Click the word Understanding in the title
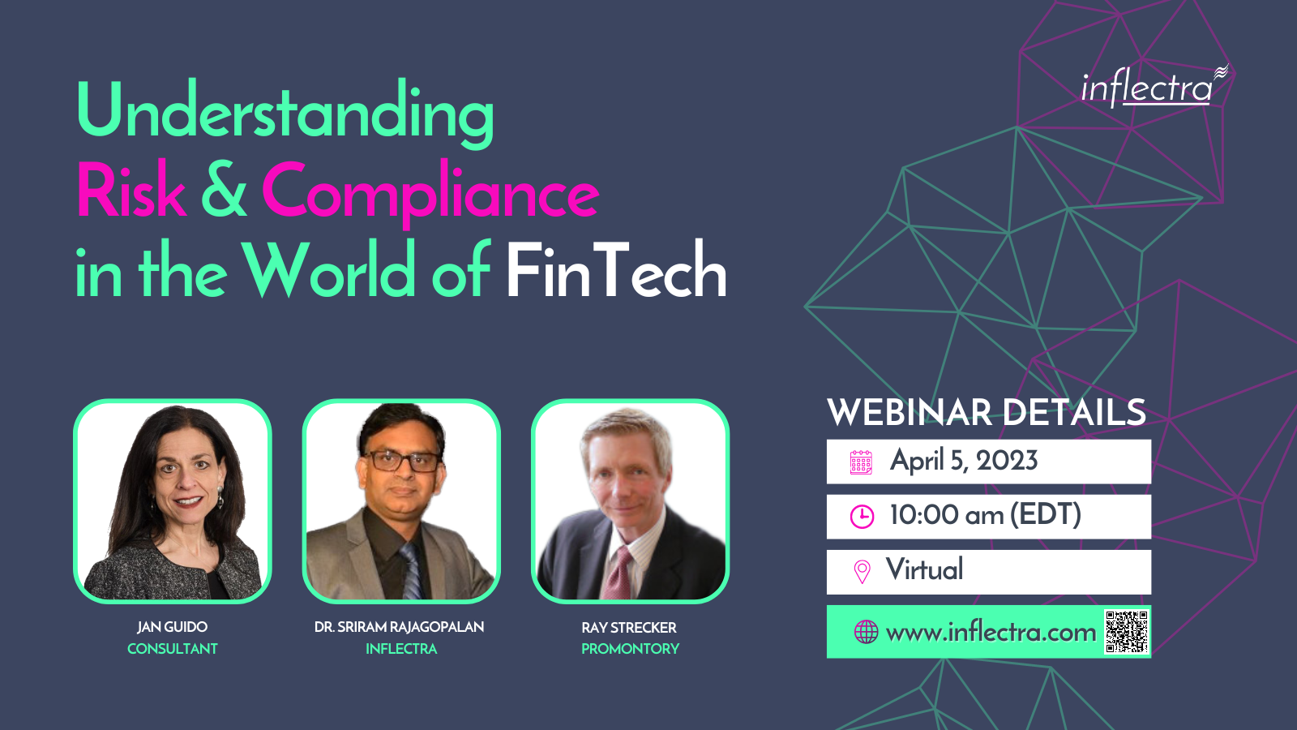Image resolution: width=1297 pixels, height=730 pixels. pyautogui.click(x=285, y=114)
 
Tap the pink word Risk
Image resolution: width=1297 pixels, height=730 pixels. pyautogui.click(x=131, y=189)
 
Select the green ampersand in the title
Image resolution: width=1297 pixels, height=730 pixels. pyautogui.click(x=224, y=189)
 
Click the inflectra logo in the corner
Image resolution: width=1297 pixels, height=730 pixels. pyautogui.click(x=1154, y=86)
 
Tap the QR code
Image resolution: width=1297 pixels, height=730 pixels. pyautogui.click(x=1126, y=632)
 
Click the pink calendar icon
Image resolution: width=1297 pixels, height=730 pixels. pyautogui.click(x=861, y=462)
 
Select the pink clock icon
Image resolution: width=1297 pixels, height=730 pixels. pyautogui.click(x=862, y=516)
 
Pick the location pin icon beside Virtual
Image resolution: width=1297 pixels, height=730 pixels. pyautogui.click(x=863, y=571)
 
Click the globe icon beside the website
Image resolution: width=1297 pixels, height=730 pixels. pyautogui.click(x=867, y=632)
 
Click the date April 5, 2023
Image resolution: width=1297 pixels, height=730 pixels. pyautogui.click(x=964, y=461)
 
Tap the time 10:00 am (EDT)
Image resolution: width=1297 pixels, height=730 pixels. pyautogui.click(x=986, y=514)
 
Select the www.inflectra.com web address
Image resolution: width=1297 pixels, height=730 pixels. pyautogui.click(x=991, y=633)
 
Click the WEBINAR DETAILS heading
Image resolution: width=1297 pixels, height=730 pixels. pyautogui.click(x=987, y=412)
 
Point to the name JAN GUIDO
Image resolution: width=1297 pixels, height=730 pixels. pyautogui.click(x=172, y=627)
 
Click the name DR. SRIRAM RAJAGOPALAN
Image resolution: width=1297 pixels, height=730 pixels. pyautogui.click(x=399, y=627)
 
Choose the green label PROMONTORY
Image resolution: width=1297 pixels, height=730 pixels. pyautogui.click(x=630, y=649)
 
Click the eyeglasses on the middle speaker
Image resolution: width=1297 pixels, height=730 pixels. pyautogui.click(x=404, y=461)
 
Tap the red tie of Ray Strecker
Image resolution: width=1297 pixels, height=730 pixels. pyautogui.click(x=618, y=573)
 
